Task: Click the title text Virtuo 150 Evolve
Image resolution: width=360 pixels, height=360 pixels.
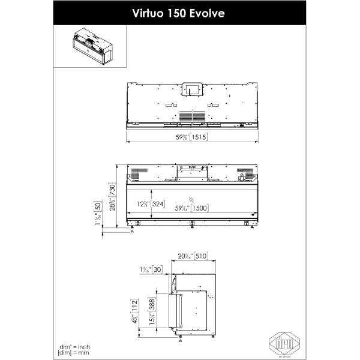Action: click(x=179, y=13)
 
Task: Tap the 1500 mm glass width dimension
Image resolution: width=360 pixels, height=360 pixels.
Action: click(x=199, y=208)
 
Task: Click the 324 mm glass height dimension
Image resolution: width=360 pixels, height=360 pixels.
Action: click(x=158, y=204)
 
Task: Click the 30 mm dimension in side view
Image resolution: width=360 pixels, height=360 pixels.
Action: click(x=157, y=269)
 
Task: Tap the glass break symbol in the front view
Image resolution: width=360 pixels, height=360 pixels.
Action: click(x=191, y=198)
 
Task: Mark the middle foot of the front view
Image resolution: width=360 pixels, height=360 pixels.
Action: click(x=191, y=225)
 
